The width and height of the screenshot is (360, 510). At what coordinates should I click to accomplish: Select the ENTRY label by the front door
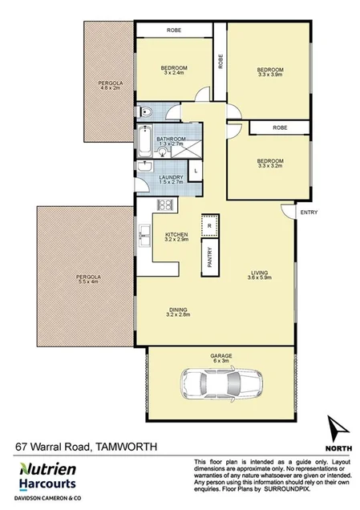(307, 212)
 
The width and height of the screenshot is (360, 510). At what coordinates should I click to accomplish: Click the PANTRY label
(209, 256)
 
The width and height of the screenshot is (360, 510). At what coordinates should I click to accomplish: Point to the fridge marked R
(209, 226)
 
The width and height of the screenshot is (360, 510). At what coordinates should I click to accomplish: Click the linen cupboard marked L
(196, 172)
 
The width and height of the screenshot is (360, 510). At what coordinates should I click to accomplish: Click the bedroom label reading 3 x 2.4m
(174, 70)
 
